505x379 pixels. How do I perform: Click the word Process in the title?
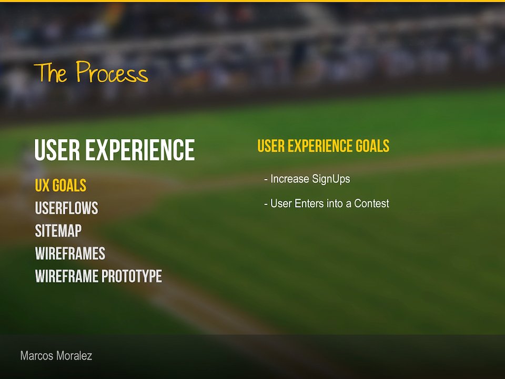point(112,72)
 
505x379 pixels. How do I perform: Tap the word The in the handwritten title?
point(50,72)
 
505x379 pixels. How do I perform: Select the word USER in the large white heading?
point(57,150)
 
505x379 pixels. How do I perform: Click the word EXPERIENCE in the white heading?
point(140,150)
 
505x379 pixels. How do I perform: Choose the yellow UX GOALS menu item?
point(60,185)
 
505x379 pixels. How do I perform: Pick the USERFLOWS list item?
point(66,208)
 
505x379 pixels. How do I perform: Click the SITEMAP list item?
point(58,231)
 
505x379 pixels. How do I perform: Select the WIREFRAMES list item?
point(70,253)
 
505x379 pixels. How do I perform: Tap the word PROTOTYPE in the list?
point(132,276)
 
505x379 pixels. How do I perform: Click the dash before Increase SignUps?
point(266,179)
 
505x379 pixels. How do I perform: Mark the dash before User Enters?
point(266,204)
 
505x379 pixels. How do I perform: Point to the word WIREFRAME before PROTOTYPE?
point(67,276)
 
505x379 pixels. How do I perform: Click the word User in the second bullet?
point(281,203)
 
